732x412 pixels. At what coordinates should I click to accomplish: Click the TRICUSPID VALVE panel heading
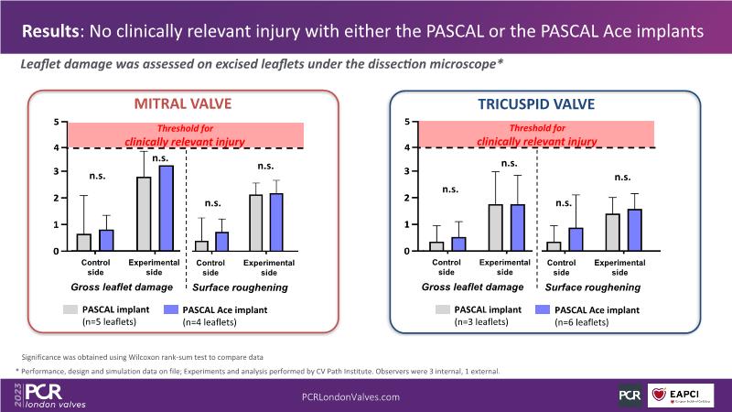tap(539, 104)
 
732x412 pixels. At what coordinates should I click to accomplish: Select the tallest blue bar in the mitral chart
tap(166, 208)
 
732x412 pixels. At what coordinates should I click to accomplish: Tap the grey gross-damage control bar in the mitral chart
tap(83, 243)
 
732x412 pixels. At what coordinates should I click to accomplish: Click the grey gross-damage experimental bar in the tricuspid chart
tap(496, 227)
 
